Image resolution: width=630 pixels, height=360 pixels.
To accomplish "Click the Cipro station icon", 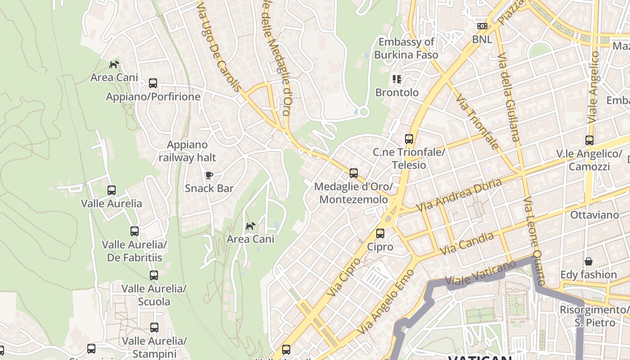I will point(380,234).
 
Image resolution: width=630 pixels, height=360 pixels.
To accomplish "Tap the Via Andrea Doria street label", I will point(459,196).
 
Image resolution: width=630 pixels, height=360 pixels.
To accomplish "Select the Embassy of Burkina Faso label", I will point(406,49).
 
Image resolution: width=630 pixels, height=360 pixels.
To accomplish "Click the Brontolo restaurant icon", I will point(396,80).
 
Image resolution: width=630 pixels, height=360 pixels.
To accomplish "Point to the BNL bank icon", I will point(482,27).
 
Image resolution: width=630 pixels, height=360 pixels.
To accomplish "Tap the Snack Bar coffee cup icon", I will point(209,175).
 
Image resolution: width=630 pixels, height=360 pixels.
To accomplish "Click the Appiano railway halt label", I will point(187,151).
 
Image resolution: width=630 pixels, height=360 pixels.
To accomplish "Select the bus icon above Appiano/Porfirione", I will point(153,83).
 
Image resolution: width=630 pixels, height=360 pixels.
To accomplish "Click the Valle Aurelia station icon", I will point(112,190).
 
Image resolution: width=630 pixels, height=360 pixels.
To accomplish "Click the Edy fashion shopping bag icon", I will point(588,261).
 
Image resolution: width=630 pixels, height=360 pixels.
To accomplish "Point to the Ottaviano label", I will point(594,215).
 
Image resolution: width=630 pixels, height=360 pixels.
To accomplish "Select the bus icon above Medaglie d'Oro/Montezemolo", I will point(354,173).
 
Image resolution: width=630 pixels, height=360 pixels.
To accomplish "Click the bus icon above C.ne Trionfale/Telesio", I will point(409,139).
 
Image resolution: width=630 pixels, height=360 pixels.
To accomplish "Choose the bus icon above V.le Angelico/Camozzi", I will point(589,140).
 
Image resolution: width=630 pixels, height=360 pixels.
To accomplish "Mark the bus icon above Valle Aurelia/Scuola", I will point(154,275).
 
